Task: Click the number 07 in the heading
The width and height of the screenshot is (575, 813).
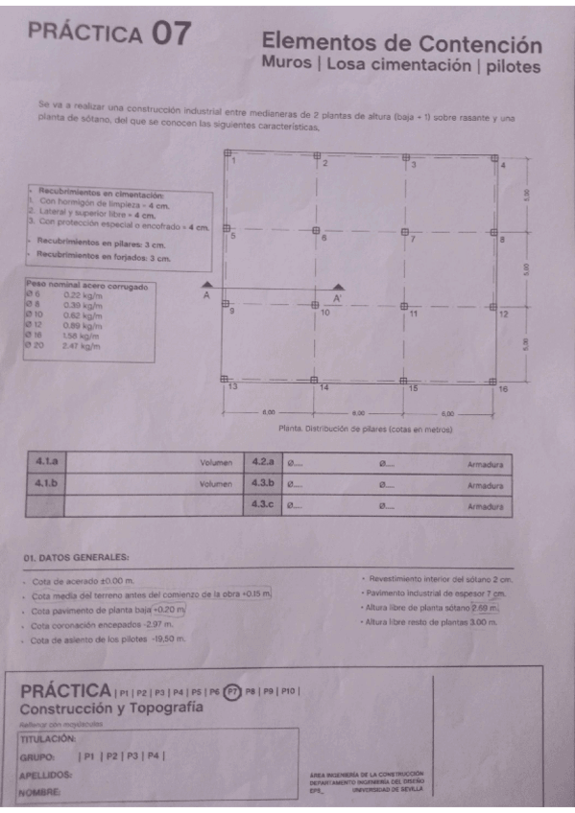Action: (171, 34)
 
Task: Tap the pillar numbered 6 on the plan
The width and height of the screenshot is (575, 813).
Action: (316, 230)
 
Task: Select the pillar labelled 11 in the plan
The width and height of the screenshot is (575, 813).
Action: (404, 307)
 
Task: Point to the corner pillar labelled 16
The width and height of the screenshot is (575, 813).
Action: (494, 381)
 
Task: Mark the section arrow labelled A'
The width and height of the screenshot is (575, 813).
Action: (337, 287)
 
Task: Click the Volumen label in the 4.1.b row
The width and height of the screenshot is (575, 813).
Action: (217, 484)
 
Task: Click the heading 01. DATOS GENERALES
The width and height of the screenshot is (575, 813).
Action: (76, 557)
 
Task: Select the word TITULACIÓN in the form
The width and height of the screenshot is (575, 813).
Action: (47, 739)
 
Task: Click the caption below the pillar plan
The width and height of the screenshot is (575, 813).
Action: (364, 430)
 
